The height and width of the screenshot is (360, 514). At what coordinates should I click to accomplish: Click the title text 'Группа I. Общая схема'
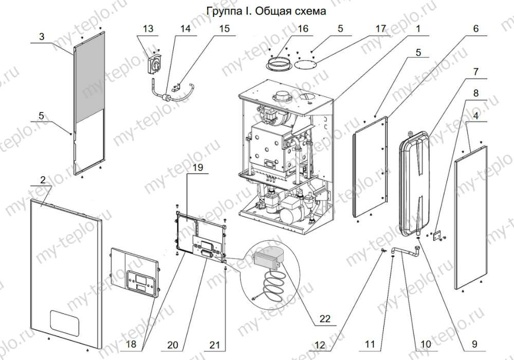[x=266, y=11]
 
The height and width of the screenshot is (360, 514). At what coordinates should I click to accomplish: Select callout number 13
[x=148, y=29]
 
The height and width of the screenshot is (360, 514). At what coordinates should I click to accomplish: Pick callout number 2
[x=43, y=180]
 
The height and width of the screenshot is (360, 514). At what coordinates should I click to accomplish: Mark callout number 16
[x=303, y=29]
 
